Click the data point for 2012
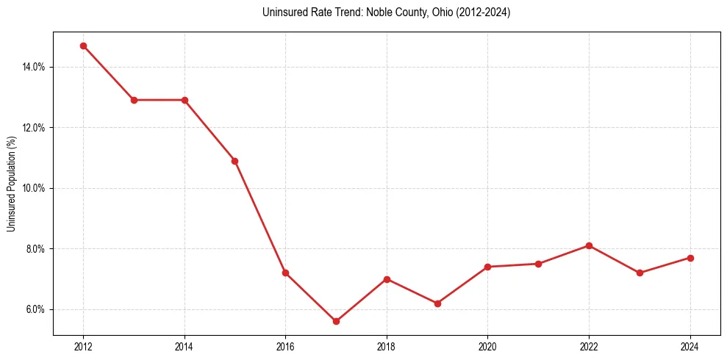pos(83,46)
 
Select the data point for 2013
pos(134,100)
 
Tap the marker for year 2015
pos(234,161)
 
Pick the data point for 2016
pos(285,273)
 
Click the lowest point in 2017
pos(336,321)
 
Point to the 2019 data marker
pos(437,303)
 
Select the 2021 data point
pos(538,264)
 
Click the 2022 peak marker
pos(589,245)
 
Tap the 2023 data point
pos(640,273)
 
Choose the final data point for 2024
pos(690,258)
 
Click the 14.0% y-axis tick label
pos(34,67)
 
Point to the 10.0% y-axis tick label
pos(34,188)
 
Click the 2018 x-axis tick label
pos(387,347)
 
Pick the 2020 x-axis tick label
pos(487,347)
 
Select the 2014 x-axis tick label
pos(185,347)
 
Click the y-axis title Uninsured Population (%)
pos(12,184)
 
